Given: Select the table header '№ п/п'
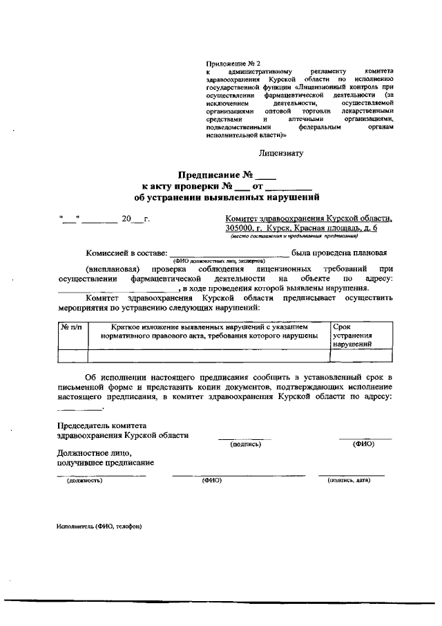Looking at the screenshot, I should (72, 326).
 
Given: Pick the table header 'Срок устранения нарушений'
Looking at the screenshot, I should (354, 334).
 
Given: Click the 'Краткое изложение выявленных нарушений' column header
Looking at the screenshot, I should (209, 330).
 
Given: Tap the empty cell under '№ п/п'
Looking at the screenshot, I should (72, 356).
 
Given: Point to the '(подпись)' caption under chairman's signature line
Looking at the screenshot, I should (245, 444).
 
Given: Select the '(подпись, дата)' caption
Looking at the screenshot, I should (350, 480).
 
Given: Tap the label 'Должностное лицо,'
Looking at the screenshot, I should (93, 452).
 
